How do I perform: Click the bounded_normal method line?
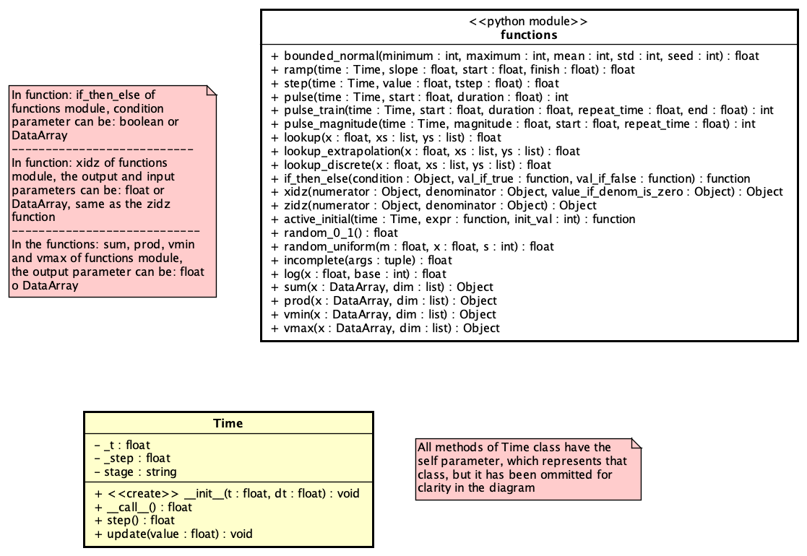(514, 56)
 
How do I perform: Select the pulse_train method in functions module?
(522, 110)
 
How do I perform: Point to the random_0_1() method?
(334, 233)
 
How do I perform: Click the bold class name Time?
(228, 424)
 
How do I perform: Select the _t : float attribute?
(122, 445)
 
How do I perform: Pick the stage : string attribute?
(135, 472)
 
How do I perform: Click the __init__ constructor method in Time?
(227, 493)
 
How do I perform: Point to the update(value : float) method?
(173, 534)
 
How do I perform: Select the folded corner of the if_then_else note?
(211, 90)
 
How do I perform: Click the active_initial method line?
(453, 219)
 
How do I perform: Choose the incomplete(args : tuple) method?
(361, 260)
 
